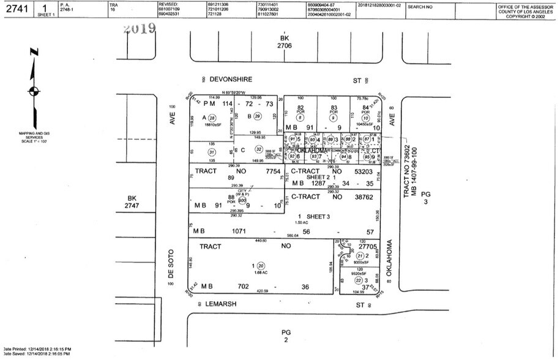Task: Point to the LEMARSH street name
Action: click(x=224, y=304)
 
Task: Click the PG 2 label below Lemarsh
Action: click(x=285, y=336)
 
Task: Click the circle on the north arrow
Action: click(x=32, y=92)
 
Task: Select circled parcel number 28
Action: click(x=212, y=118)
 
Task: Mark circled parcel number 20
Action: click(x=261, y=266)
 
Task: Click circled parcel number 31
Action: click(x=212, y=152)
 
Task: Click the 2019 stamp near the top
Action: click(x=139, y=29)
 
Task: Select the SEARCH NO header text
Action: click(x=420, y=7)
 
